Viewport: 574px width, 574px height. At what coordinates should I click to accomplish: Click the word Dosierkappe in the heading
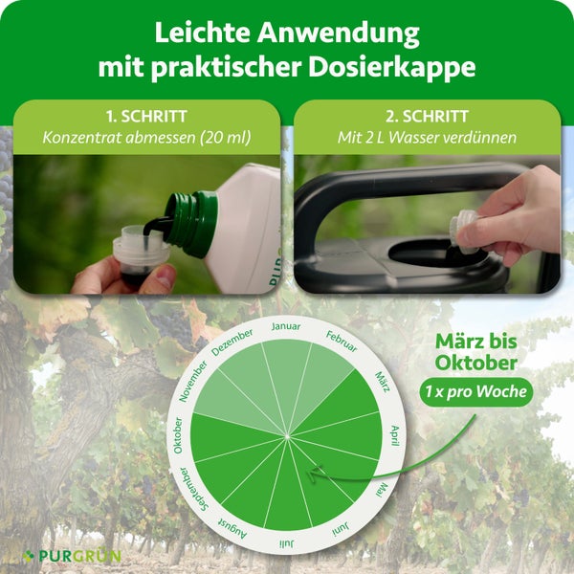[392, 68]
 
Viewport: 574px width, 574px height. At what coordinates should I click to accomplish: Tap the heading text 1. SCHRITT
[146, 117]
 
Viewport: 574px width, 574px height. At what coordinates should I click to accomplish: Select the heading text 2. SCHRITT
[427, 117]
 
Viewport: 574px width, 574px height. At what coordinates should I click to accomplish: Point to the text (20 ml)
[226, 138]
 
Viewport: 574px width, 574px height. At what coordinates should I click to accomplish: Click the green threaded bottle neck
[190, 223]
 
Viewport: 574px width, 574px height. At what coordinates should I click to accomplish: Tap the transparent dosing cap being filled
[140, 253]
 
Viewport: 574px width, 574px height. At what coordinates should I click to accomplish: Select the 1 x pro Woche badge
[475, 392]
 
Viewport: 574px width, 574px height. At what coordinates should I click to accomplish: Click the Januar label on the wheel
[286, 326]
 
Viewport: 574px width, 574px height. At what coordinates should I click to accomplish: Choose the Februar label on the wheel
[342, 342]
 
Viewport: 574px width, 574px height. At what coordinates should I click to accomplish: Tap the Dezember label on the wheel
[232, 342]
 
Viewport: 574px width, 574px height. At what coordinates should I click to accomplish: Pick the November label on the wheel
[193, 381]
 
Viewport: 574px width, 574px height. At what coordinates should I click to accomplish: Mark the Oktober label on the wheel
[178, 435]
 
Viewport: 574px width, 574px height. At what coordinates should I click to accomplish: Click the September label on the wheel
[194, 490]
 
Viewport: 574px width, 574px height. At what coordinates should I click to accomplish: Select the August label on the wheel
[232, 528]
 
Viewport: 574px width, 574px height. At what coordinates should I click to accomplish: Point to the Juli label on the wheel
[286, 543]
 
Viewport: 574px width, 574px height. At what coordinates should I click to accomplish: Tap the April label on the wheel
[395, 435]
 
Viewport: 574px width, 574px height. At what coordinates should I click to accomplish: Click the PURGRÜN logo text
[79, 556]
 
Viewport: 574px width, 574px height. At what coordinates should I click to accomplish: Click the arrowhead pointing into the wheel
[316, 474]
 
